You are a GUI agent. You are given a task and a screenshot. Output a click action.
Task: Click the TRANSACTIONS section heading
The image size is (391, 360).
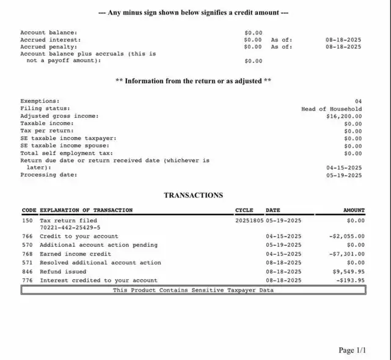coord(193,196)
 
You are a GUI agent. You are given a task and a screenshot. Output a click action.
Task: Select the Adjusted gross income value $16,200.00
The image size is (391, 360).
coord(344,116)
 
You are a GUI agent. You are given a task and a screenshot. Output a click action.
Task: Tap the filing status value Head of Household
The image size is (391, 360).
coord(331,109)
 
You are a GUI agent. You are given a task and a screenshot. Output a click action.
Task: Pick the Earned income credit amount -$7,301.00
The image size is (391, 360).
coord(346,254)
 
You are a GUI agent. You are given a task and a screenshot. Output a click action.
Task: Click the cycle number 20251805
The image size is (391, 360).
coord(250,220)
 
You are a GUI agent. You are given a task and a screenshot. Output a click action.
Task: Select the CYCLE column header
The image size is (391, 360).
coord(244,210)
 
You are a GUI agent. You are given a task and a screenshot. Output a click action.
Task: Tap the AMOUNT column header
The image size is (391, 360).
coord(354,210)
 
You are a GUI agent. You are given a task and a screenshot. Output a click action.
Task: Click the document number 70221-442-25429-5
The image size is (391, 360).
coord(70,227)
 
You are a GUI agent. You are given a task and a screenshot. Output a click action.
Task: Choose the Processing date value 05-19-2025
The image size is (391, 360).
coord(344,175)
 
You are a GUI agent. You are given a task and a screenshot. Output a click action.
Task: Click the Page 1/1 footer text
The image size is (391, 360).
coord(353,350)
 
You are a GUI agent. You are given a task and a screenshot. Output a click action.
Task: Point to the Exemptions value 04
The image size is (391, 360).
coord(358,101)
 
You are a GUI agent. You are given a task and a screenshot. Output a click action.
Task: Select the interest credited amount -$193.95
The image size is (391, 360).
coord(350,281)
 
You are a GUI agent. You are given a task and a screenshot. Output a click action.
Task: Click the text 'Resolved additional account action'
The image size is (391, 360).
coord(100,262)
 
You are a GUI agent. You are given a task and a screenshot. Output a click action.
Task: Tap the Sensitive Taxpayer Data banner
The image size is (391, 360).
coord(193,290)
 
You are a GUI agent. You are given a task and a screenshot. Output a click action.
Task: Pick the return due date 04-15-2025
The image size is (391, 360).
coord(344,167)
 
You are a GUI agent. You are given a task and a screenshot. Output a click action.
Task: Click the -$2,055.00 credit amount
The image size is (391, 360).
coord(346,236)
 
